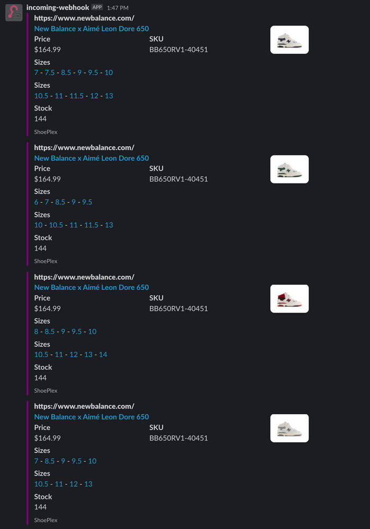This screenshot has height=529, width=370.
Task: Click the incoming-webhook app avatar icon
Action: (x=14, y=13)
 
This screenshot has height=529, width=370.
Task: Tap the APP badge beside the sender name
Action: (x=97, y=7)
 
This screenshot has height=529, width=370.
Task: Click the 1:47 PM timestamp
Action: (x=118, y=8)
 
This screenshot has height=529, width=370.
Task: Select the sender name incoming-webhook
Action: (x=58, y=7)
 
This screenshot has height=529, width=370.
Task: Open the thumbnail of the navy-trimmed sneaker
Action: (x=290, y=40)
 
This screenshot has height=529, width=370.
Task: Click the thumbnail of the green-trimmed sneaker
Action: (x=290, y=169)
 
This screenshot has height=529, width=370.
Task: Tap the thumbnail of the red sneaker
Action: (x=290, y=298)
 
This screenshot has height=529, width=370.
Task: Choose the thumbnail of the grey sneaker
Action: (x=290, y=428)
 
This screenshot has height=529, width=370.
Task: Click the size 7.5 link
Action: (x=50, y=72)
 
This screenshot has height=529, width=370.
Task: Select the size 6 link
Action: (x=36, y=202)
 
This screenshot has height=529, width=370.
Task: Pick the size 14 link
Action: (x=103, y=354)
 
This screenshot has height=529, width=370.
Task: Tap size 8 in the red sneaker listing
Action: (x=36, y=332)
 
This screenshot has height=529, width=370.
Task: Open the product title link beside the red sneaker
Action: (x=92, y=287)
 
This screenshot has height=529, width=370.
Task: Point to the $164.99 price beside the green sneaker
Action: (x=47, y=179)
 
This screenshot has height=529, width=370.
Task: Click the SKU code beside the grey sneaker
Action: (x=178, y=438)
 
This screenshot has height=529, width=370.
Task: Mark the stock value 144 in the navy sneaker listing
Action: (x=40, y=118)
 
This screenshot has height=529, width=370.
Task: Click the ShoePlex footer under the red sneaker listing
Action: (x=46, y=391)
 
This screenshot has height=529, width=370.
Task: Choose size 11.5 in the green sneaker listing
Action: (x=91, y=225)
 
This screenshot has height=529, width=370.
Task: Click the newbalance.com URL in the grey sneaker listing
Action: (x=84, y=406)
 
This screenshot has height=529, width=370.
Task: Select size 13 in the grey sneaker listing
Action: (x=88, y=484)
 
